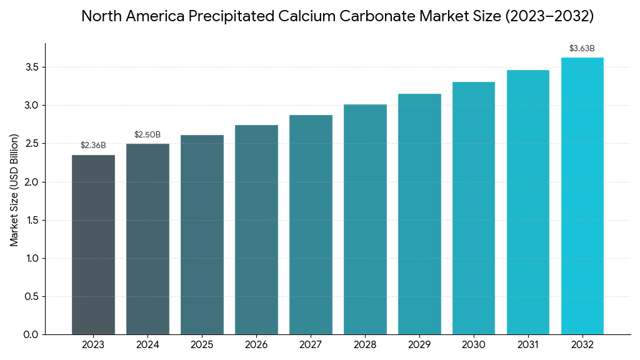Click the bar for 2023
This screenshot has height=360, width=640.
[93, 244]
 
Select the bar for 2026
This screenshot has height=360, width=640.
[256, 229]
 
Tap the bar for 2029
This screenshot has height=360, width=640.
[419, 214]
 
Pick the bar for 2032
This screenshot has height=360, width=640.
[582, 196]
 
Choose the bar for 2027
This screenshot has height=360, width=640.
[311, 224]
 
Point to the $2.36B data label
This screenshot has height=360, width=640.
[93, 146]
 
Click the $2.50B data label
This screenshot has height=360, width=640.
[147, 135]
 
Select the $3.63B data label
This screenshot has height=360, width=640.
[582, 49]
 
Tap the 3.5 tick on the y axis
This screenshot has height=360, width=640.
[31, 67]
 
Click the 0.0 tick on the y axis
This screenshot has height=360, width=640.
[31, 335]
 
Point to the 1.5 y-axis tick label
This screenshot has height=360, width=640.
[31, 220]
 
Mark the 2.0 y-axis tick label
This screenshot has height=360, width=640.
[31, 182]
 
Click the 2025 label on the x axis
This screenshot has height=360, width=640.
[202, 345]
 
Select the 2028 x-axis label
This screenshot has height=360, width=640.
[365, 345]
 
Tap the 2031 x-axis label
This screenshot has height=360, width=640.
[528, 345]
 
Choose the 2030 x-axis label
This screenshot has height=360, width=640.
[474, 345]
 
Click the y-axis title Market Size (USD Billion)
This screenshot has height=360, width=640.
[14, 190]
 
